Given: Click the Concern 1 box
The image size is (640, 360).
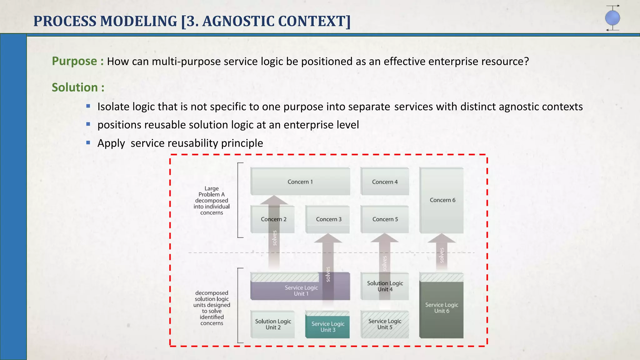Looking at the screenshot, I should (300, 182).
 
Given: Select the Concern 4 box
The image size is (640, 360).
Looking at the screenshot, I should (385, 182).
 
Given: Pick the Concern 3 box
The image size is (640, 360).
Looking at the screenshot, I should (328, 219).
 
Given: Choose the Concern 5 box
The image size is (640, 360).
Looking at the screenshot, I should (385, 219).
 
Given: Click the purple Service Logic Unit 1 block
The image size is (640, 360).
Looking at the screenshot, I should (287, 291).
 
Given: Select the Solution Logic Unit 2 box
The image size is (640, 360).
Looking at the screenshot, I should (273, 324).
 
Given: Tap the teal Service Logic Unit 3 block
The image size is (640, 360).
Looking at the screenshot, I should (327, 327).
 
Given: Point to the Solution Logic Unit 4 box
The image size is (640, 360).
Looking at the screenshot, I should (385, 286).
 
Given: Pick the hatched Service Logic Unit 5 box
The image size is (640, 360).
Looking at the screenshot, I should (385, 324).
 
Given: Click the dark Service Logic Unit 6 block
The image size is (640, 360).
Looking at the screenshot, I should (441, 308).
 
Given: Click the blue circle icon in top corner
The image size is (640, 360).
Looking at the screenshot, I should (612, 18).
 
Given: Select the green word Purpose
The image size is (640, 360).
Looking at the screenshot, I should (74, 61).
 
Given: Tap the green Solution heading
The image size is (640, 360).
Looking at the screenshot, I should (75, 87).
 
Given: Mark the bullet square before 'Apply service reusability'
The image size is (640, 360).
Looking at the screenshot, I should (88, 143).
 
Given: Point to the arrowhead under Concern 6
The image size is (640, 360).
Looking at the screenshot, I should (441, 238).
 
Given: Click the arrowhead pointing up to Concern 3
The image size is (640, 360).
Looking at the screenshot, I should (328, 238).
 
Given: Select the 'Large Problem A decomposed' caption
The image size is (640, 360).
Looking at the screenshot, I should (212, 201).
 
